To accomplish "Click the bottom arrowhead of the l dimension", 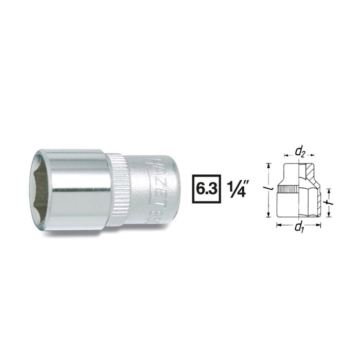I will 269,217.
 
